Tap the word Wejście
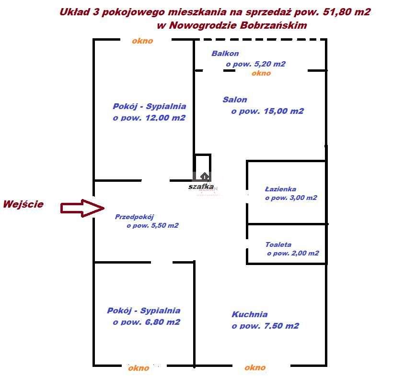23,204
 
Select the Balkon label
225,54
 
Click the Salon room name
235,100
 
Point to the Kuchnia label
250,314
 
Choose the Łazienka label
280,189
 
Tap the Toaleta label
278,244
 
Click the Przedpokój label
134,217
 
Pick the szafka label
201,187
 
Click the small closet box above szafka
203,167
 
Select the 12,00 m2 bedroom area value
165,118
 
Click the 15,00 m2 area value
284,111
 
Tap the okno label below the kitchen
255,367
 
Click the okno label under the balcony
261,73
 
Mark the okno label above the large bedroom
142,41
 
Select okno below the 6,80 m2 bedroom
139,368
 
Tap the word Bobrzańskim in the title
273,25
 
